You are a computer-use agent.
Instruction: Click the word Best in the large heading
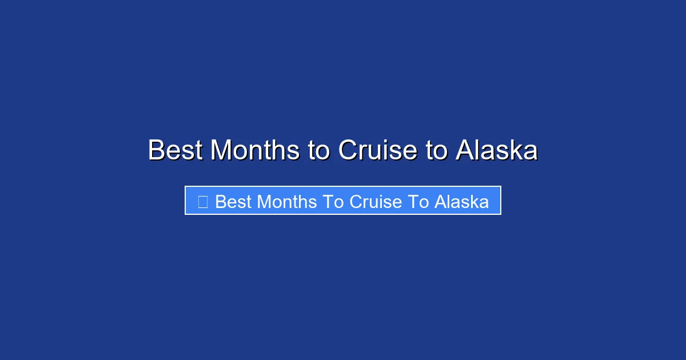point(175,151)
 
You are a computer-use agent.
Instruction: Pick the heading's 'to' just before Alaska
point(436,151)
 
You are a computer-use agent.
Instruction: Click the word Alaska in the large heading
point(497,151)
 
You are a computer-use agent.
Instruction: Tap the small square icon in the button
point(202,201)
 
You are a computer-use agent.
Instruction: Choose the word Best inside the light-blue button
point(233,202)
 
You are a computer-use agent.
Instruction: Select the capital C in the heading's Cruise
point(348,151)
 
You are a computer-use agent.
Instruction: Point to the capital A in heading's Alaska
point(465,151)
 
